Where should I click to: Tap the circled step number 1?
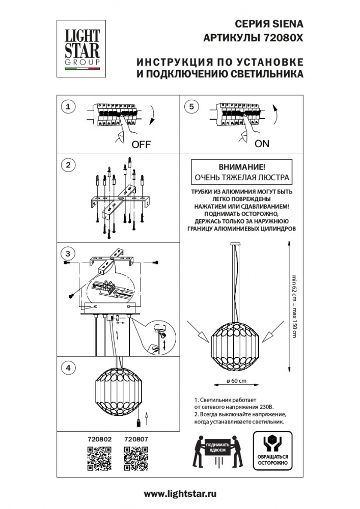coord(68,106)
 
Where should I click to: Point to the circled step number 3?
coord(68,253)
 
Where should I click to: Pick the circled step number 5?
coord(191,106)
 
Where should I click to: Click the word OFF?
coord(141,144)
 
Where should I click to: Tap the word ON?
coord(262,144)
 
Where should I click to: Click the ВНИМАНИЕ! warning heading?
coord(241,167)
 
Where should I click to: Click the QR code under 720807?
coord(136,457)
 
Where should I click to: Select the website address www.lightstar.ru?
coord(180,494)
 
